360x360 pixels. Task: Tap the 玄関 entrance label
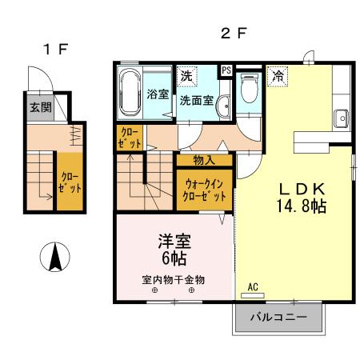[x=40, y=107]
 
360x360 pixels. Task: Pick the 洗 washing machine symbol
[x=186, y=77]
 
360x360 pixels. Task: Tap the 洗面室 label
[x=196, y=102]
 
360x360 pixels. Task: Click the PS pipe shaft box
[x=226, y=70]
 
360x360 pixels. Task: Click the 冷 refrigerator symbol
[x=278, y=77]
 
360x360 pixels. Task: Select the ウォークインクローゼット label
[x=204, y=190]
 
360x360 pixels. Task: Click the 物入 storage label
[x=204, y=160]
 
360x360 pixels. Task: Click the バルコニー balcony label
[x=278, y=318]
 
